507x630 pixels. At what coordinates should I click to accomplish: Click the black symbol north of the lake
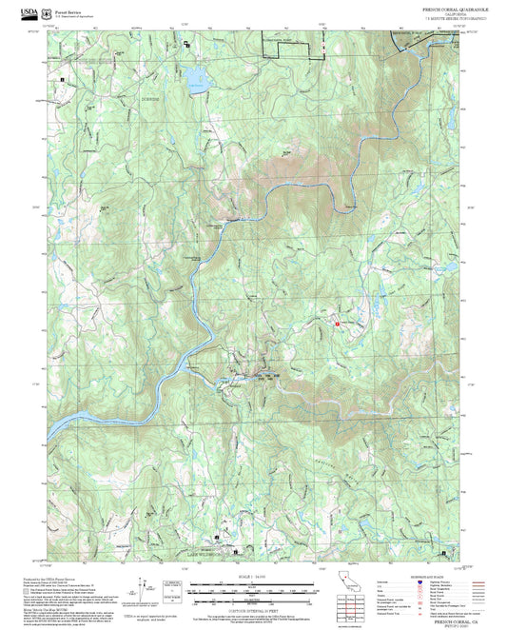pyautogui.click(x=187, y=45)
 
